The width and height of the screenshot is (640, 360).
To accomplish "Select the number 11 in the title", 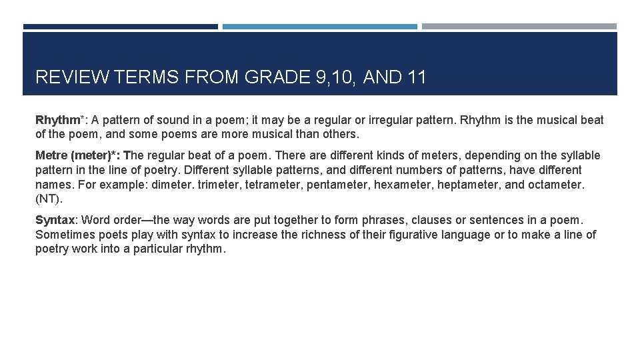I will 415,78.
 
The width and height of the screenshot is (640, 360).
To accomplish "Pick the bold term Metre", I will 51,156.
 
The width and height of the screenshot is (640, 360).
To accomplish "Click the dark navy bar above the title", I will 121,27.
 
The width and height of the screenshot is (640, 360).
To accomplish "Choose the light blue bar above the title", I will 320,27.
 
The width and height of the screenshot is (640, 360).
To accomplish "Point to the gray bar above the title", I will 519,27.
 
